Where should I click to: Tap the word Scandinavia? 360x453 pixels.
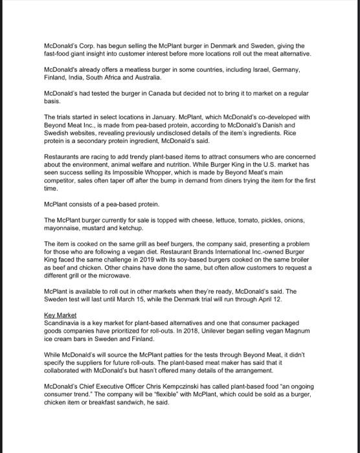pos(63,322)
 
